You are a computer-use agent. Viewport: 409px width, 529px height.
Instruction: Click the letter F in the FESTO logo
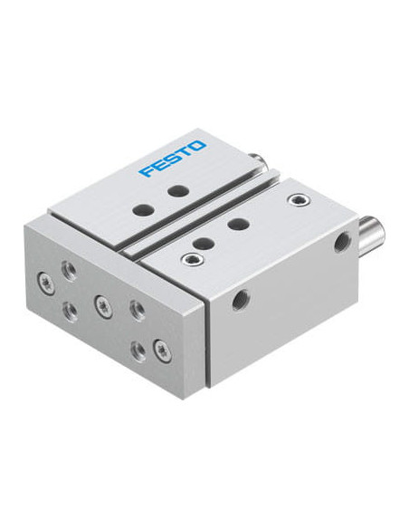tap(147, 171)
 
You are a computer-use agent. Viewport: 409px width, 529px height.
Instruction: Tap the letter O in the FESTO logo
tap(197, 146)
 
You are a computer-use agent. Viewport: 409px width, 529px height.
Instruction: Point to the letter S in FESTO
tap(173, 159)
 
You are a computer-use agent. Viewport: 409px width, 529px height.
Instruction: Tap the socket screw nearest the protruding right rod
tap(299, 200)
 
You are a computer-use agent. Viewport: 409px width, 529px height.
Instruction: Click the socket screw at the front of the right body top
tap(193, 258)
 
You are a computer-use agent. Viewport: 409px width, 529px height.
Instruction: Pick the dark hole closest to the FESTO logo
tap(178, 191)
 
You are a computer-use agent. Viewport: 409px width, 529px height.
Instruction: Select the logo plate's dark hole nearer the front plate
tap(144, 209)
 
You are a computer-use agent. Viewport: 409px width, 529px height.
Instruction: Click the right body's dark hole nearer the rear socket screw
tap(239, 224)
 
